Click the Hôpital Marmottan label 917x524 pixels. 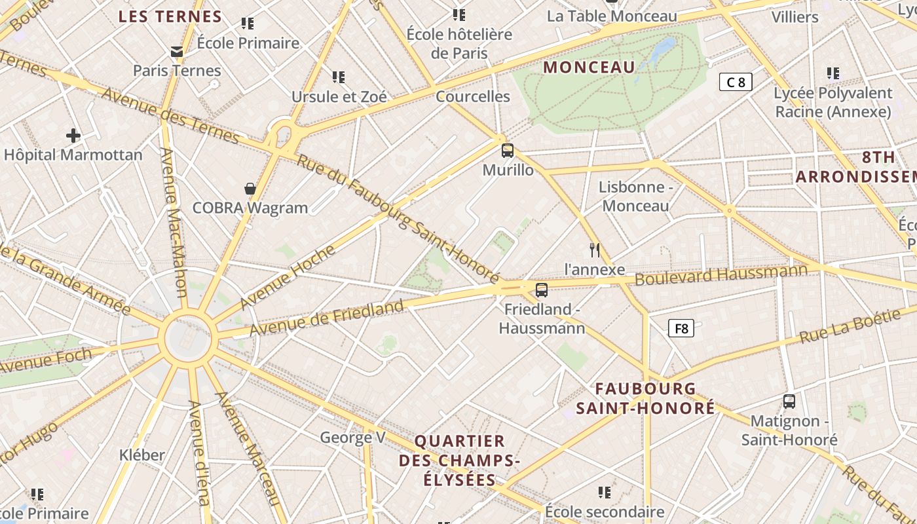pos(73,155)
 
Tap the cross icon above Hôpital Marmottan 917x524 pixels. pos(73,136)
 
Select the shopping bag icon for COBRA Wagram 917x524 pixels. pos(250,189)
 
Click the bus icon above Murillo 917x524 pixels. pos(508,151)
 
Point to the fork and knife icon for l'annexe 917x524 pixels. pos(595,250)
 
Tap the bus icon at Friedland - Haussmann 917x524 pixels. pos(542,290)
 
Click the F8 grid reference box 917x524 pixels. pos(681,328)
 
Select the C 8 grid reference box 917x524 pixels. pos(736,82)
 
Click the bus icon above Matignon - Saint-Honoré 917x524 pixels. pos(789,401)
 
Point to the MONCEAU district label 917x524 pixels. pos(589,67)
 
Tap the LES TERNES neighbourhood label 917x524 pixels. pos(170,17)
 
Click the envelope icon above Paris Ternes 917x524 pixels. pos(177,51)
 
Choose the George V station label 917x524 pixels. pos(352,438)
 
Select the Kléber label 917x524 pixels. pos(142,455)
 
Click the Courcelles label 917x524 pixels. pos(473,96)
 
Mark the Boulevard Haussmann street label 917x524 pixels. pos(721,274)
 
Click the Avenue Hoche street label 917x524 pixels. pos(288,277)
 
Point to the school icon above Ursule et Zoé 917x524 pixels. pos(339,77)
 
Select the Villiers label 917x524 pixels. pos(795,17)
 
